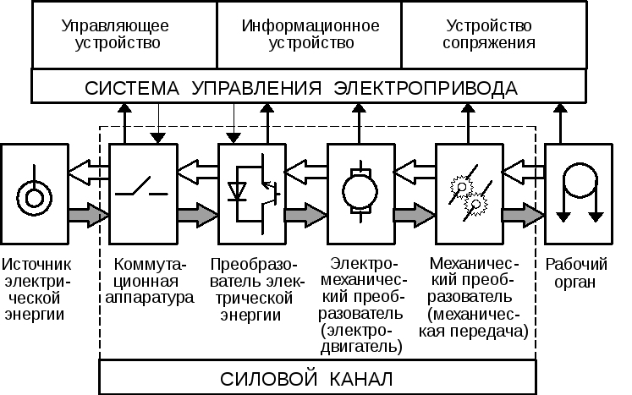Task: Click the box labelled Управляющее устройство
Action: click(x=124, y=34)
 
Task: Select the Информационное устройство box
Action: click(x=310, y=34)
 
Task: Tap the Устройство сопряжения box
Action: click(x=492, y=34)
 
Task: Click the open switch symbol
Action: click(x=141, y=188)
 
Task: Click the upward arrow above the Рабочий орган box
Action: click(x=560, y=123)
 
